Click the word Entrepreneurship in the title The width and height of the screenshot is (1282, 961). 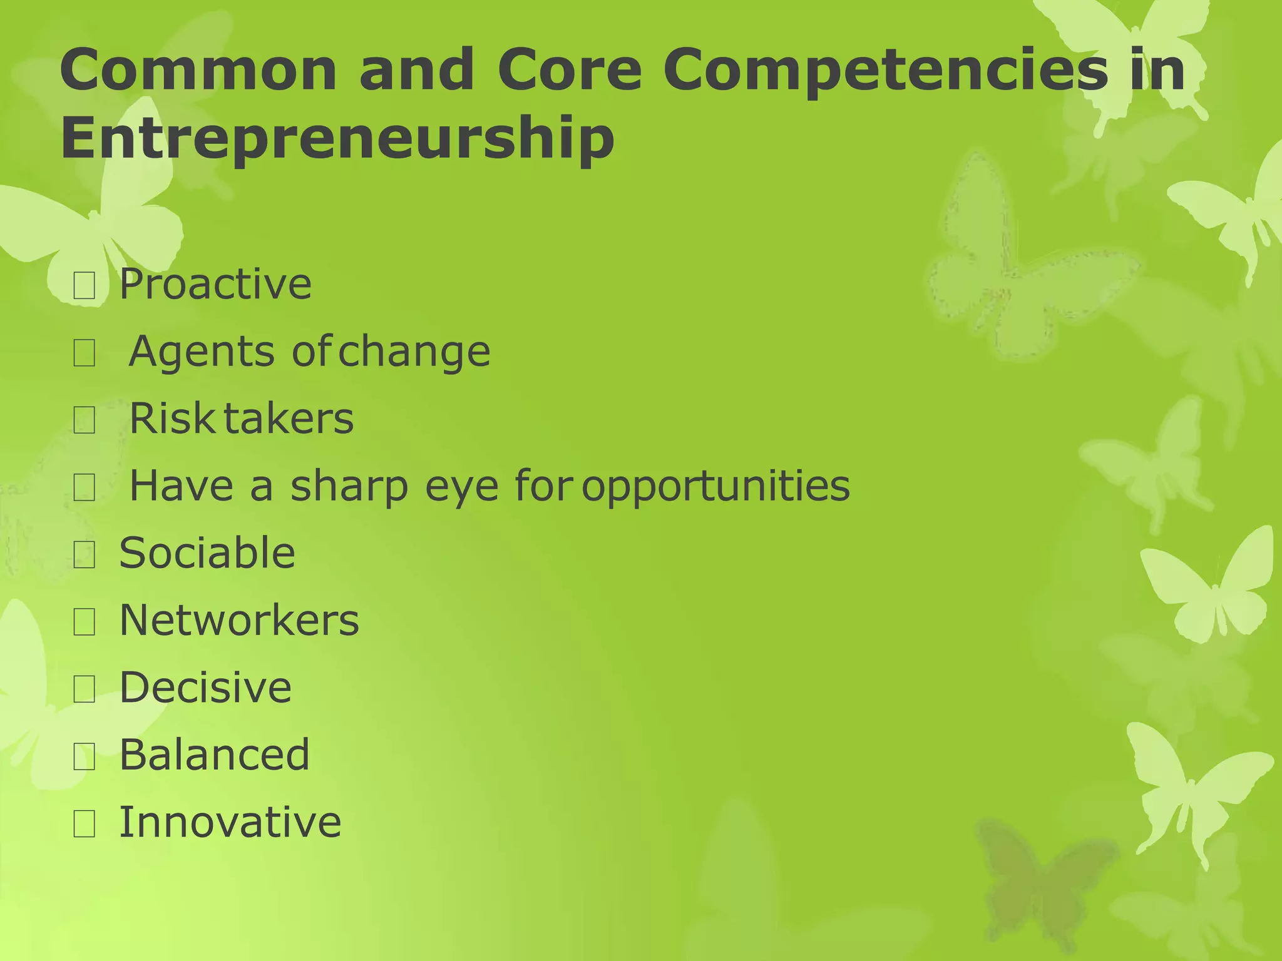[x=337, y=139]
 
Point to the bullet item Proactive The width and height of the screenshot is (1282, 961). [x=215, y=285]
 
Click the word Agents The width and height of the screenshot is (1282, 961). [x=201, y=352]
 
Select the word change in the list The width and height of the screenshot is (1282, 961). [x=414, y=352]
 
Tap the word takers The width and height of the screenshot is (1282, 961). [x=289, y=419]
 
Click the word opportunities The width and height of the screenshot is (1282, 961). [x=715, y=487]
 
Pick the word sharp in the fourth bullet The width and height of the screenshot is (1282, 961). [x=349, y=487]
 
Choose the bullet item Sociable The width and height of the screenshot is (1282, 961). [x=207, y=554]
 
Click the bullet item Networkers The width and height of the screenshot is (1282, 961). [x=239, y=621]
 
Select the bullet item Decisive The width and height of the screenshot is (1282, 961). [x=205, y=688]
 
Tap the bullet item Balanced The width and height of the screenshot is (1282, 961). [x=215, y=755]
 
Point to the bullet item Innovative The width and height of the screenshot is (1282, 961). [x=230, y=822]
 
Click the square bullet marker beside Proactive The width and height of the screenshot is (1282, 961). [x=85, y=286]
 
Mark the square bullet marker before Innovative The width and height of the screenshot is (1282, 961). [x=85, y=824]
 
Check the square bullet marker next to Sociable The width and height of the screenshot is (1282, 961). [x=85, y=555]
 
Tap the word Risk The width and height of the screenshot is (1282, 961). [x=172, y=419]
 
